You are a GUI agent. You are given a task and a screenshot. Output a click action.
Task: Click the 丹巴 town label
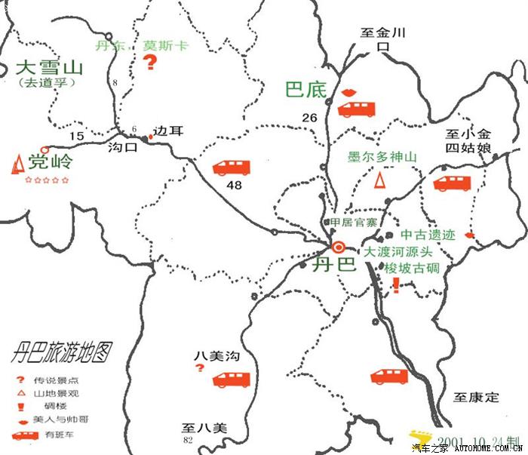click(x=335, y=265)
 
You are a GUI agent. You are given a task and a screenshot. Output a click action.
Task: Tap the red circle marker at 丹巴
click(x=338, y=247)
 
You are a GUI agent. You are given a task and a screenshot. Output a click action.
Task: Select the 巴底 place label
click(x=306, y=90)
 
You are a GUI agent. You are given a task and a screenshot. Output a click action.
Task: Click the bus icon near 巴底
click(x=356, y=109)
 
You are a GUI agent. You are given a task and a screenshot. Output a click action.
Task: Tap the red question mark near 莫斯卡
click(x=150, y=63)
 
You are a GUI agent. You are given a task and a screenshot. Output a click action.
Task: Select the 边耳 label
click(x=168, y=131)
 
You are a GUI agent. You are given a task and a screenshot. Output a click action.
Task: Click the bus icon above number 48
click(x=232, y=168)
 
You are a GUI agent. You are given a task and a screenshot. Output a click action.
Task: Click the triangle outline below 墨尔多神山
click(x=382, y=180)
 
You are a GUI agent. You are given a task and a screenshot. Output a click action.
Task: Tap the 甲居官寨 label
click(x=354, y=223)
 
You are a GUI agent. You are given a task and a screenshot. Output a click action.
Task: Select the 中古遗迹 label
click(x=428, y=235)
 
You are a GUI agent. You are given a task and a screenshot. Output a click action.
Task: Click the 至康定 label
click(x=476, y=396)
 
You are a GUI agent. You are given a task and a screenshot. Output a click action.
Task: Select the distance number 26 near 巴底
click(x=309, y=118)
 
